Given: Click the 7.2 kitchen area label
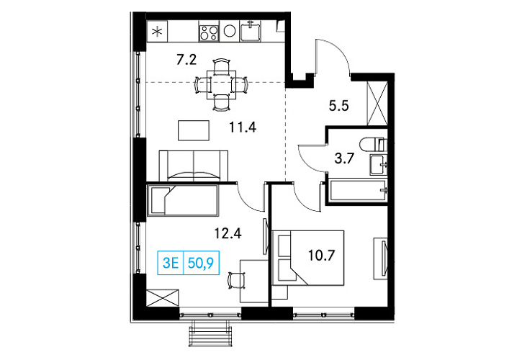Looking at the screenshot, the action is [186, 60].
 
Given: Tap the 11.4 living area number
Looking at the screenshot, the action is [243, 127].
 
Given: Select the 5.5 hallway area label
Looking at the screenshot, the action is [338, 106].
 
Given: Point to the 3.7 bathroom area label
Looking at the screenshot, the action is [344, 158].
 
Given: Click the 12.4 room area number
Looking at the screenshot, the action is [228, 233].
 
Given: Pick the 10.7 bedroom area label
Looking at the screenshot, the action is [321, 256].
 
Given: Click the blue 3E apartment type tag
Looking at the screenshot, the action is [171, 263].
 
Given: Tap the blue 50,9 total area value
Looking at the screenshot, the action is [201, 263].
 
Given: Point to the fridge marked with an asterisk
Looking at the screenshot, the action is [157, 32].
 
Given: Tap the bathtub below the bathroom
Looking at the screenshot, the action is [358, 191].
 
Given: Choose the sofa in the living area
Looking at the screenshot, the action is [194, 166].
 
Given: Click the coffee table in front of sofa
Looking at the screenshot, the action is [194, 130].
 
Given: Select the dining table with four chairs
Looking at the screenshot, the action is [221, 84].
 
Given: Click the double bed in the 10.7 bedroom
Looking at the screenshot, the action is [308, 258].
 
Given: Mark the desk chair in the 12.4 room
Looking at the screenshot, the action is [237, 281].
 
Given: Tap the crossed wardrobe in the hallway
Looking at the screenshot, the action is [377, 103].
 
